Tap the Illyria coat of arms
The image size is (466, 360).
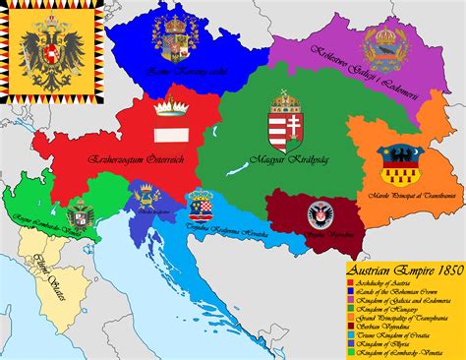(150, 202)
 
